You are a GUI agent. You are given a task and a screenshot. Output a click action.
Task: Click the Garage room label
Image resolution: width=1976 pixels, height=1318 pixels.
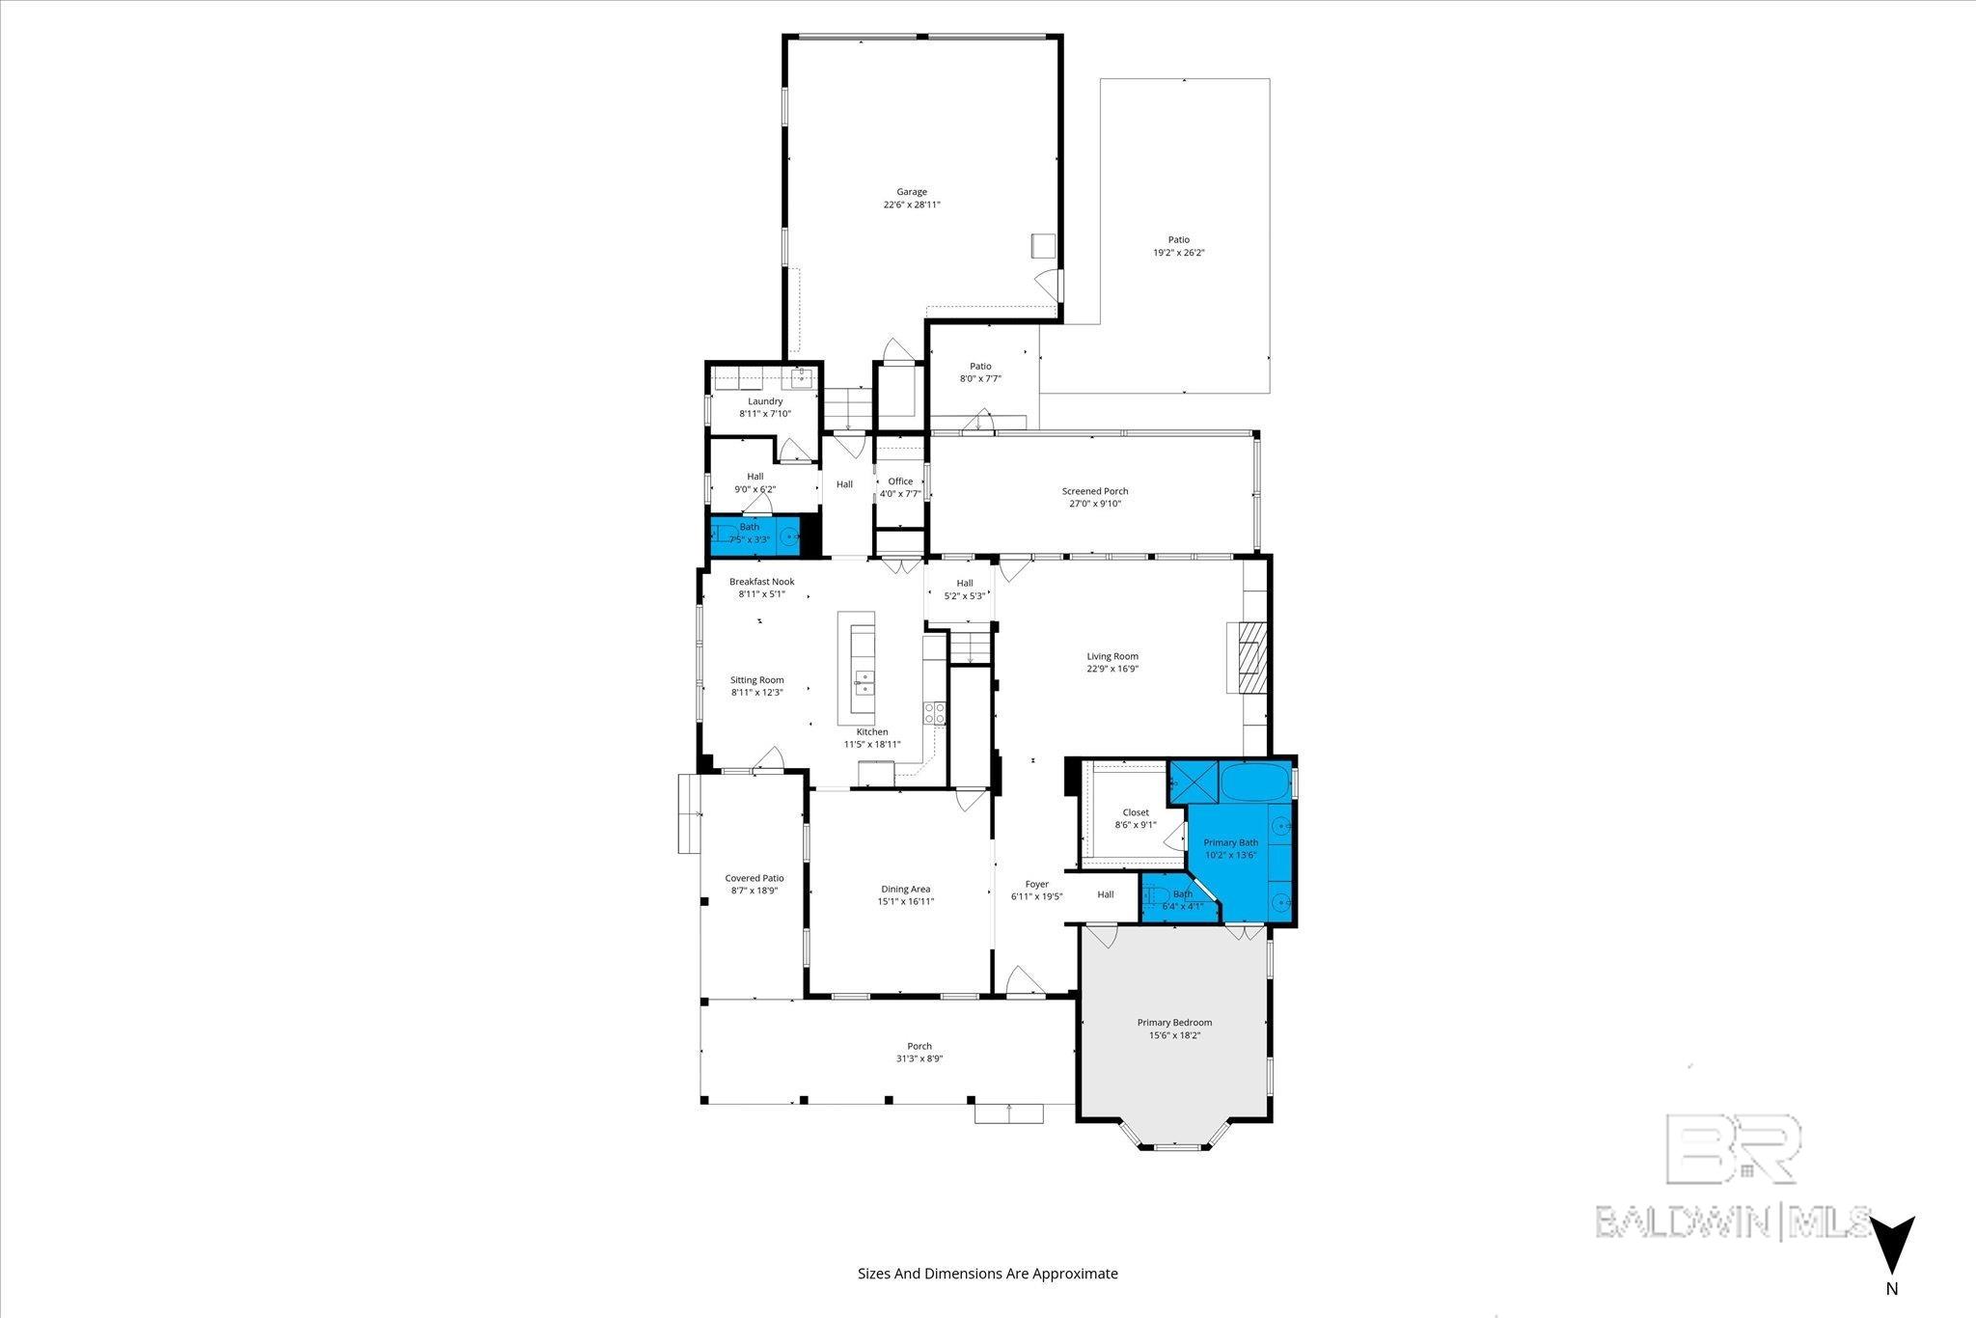click(911, 192)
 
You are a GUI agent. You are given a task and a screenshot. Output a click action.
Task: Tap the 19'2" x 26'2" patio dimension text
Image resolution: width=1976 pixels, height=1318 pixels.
click(1179, 253)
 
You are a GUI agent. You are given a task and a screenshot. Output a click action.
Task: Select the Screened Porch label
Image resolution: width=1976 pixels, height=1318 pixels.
click(1095, 491)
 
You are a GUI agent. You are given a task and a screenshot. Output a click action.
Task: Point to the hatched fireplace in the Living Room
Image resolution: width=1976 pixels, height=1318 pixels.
click(1250, 657)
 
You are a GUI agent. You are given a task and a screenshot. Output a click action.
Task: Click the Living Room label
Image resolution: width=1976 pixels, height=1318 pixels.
click(1112, 656)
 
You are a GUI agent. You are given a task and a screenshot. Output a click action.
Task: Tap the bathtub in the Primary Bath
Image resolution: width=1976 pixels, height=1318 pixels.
click(1254, 782)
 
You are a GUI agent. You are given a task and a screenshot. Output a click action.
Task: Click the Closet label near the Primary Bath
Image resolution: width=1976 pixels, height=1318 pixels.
click(1136, 812)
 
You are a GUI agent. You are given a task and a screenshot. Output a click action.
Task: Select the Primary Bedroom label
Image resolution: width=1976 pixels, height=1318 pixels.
click(1174, 1023)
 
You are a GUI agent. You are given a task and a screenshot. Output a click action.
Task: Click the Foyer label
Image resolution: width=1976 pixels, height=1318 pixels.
click(1036, 884)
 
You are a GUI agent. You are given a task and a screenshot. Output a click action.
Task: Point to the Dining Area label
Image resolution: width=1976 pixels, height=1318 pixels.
click(905, 890)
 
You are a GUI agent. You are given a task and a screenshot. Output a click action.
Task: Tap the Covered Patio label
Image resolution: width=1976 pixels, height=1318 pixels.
click(755, 878)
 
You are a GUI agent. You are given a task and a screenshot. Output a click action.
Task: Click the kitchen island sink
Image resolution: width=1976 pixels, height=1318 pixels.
click(189, 684)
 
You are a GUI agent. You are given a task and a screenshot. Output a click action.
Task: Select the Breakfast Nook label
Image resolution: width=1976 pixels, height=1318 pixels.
click(761, 582)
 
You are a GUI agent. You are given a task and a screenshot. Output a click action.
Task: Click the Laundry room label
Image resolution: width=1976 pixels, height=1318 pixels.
click(765, 401)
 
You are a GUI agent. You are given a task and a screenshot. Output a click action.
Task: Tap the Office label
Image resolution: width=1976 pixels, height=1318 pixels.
click(900, 481)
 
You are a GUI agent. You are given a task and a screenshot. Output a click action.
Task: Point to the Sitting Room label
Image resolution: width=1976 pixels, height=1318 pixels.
click(756, 680)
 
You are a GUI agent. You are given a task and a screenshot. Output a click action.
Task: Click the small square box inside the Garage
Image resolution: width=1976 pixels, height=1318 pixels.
click(1043, 246)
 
